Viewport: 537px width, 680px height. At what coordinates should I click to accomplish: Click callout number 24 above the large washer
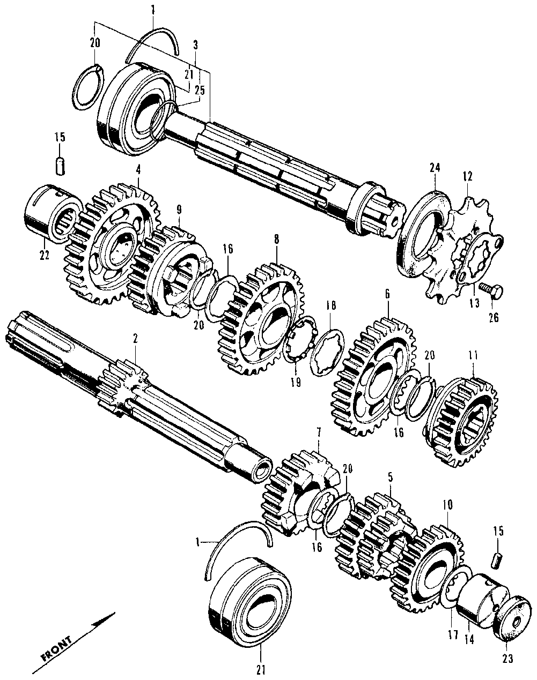435,168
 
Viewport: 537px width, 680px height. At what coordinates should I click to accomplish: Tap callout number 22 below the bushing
44,256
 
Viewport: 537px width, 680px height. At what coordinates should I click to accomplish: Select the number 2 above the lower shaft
135,338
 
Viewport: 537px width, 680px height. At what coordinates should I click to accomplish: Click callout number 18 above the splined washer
331,305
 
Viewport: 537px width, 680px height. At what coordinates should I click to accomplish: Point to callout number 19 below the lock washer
296,383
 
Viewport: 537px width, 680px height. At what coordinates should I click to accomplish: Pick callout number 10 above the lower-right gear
447,505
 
